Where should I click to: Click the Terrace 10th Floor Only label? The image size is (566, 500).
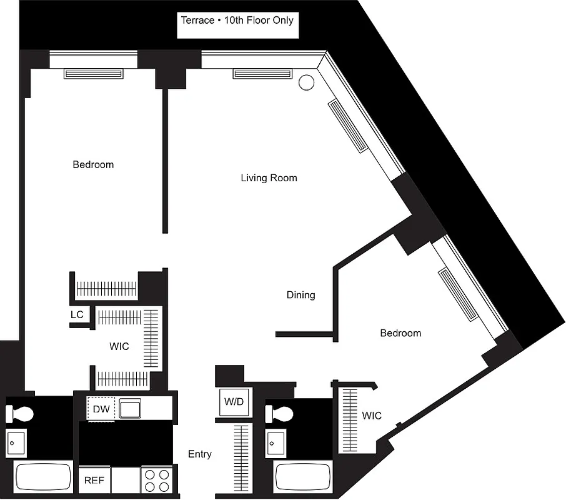237,20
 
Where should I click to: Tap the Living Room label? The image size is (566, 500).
269,178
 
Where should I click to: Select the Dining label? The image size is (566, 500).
300,295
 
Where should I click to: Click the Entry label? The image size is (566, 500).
199,454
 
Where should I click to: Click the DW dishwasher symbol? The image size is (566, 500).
101,409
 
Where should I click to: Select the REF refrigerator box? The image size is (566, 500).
94,481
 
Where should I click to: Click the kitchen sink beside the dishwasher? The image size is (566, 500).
132,409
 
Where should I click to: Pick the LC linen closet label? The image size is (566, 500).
77,314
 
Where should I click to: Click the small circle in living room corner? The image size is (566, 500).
306,82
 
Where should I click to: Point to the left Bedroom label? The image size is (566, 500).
93,165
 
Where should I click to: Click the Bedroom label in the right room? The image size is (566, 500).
400,333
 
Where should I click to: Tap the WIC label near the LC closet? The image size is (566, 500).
119,346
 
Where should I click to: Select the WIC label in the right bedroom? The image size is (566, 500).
371,416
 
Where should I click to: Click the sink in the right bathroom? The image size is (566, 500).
275,443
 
